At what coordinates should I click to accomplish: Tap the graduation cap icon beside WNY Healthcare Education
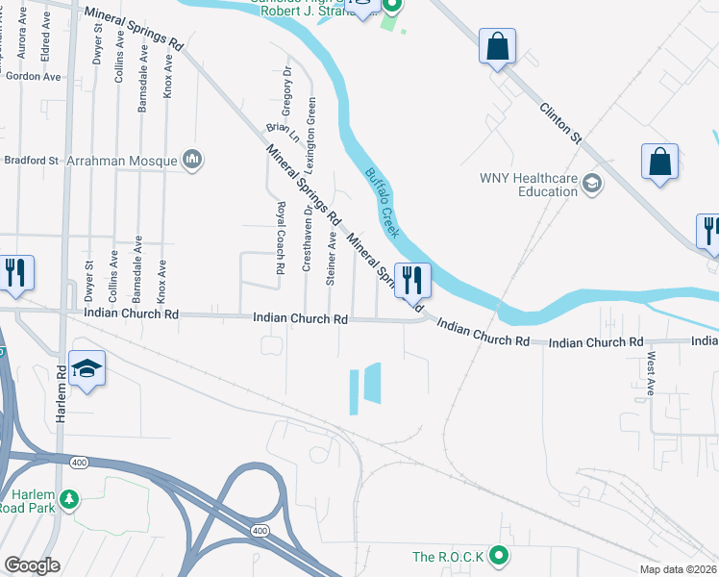(x=591, y=184)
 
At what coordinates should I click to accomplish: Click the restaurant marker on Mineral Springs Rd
(x=412, y=280)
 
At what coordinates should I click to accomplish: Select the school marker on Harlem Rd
(x=87, y=368)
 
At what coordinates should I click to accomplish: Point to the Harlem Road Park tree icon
(x=68, y=499)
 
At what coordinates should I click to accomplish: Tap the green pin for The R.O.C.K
(x=498, y=555)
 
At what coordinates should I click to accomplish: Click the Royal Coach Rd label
(x=281, y=239)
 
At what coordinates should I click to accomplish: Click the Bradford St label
(x=32, y=160)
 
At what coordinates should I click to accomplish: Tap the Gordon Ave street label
(x=33, y=76)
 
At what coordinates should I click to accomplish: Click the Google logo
(x=33, y=565)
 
